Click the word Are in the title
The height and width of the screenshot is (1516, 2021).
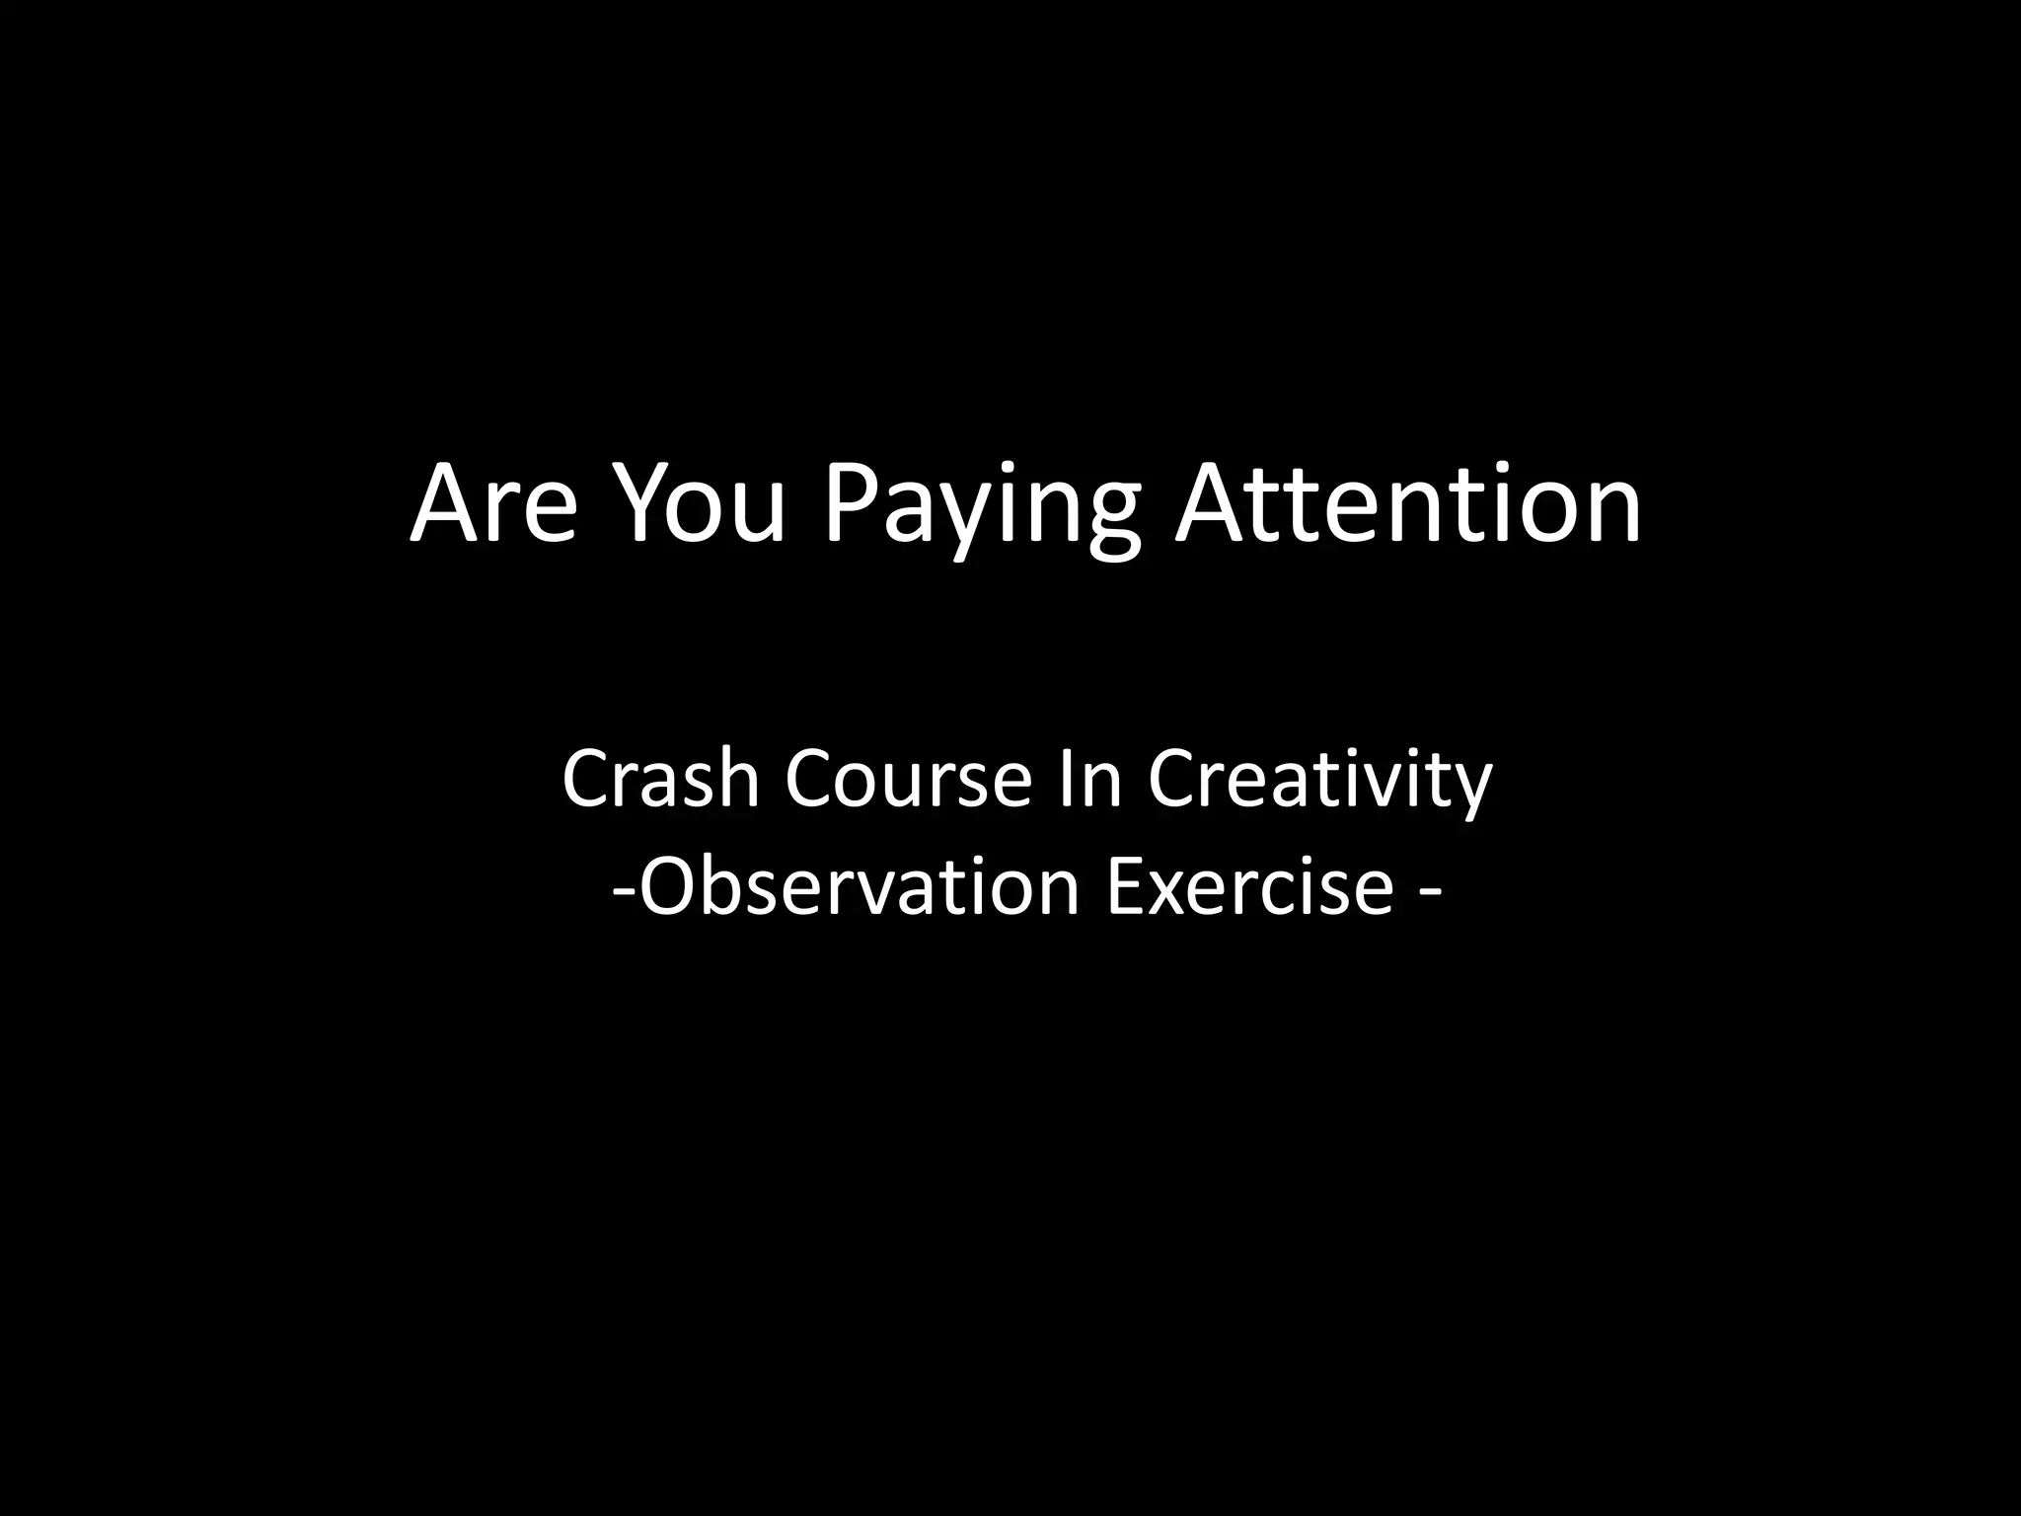tap(493, 505)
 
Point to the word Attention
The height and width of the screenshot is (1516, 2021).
tap(1407, 505)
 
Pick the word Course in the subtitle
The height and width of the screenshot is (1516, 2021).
tap(908, 780)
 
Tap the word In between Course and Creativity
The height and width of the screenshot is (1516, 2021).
tap(1089, 780)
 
